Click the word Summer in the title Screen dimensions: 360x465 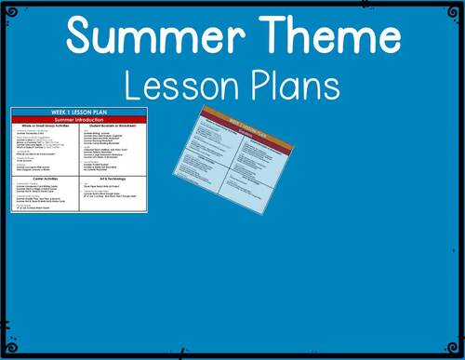(154, 38)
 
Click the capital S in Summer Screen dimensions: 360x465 (81, 38)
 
